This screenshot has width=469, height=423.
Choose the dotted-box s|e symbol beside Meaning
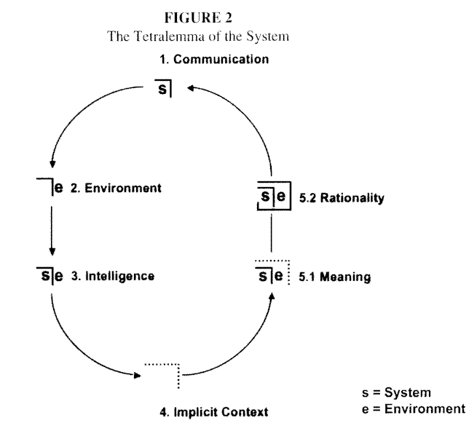point(272,275)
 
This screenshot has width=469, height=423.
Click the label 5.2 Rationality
point(342,197)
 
